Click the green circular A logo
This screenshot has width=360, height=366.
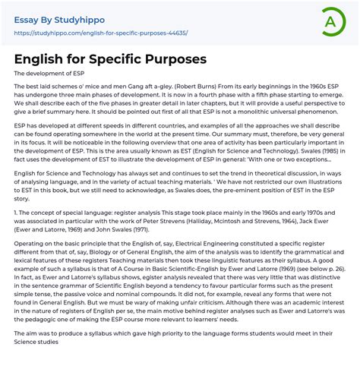[333, 21]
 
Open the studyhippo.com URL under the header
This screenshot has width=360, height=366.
[100, 33]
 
